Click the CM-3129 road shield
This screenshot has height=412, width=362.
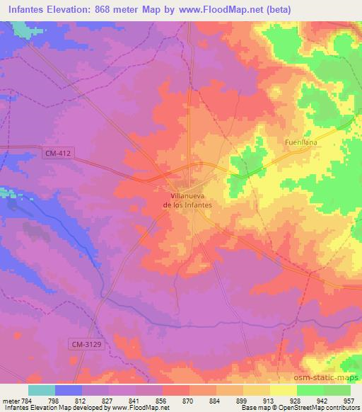point(85,344)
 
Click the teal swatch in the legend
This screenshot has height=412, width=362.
point(42,390)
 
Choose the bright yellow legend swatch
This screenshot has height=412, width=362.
point(283,390)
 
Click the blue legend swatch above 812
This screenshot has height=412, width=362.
point(69,390)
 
